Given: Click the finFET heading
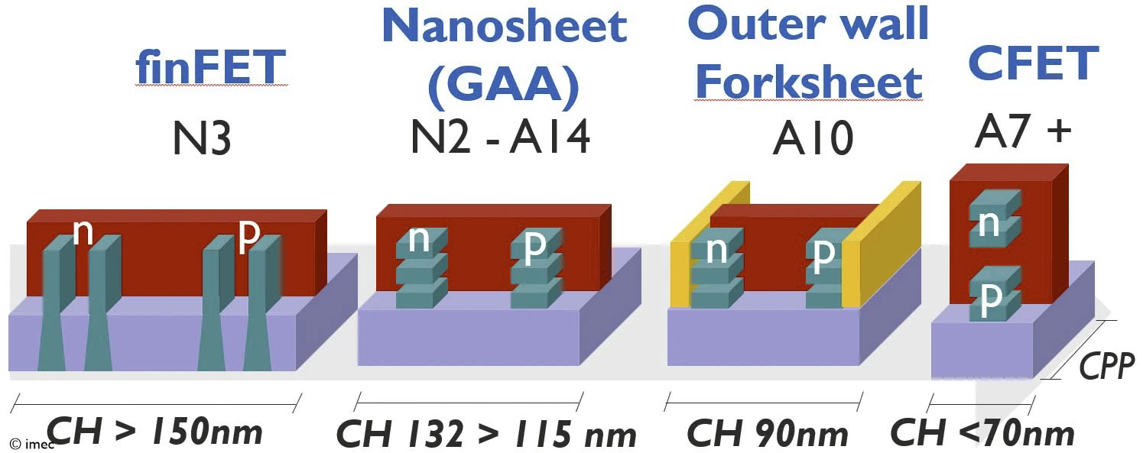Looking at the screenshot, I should point(211,68).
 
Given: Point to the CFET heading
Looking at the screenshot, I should point(1033,63).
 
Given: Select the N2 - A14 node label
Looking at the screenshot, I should point(501,138).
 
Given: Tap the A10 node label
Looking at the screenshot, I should point(812,141).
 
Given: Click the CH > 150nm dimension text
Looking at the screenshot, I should point(154,432).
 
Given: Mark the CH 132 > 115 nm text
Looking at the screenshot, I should point(486,435).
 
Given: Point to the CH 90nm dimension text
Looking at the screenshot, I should point(768,434).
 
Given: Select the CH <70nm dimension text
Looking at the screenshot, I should point(982,434).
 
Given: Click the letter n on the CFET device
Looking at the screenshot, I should point(989,224).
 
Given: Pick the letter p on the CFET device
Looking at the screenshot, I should point(990,299).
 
